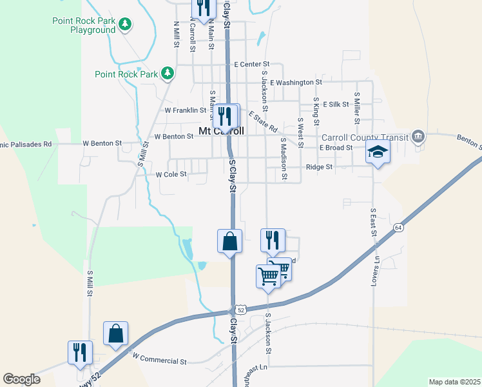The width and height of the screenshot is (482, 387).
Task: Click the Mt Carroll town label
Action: click(221, 131)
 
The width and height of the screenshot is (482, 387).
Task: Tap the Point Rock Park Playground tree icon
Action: click(126, 25)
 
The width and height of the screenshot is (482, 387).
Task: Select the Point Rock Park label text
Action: click(126, 74)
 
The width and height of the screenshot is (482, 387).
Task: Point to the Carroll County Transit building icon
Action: click(419, 137)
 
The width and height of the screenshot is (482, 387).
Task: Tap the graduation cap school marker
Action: click(378, 152)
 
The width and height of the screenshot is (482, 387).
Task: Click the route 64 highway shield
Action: click(399, 228)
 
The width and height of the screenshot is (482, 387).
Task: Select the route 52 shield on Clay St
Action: click(240, 310)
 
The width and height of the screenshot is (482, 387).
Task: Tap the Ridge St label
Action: click(318, 167)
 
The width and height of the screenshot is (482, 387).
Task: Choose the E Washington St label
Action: click(296, 83)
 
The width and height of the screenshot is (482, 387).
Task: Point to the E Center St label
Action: click(251, 64)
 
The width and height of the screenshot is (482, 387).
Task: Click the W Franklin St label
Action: click(185, 110)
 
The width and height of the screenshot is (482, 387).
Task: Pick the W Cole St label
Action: click(171, 174)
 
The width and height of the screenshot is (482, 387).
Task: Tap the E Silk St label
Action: click(336, 104)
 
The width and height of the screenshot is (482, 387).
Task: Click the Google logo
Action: click(21, 379)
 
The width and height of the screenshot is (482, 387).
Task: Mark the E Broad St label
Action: click(336, 148)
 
